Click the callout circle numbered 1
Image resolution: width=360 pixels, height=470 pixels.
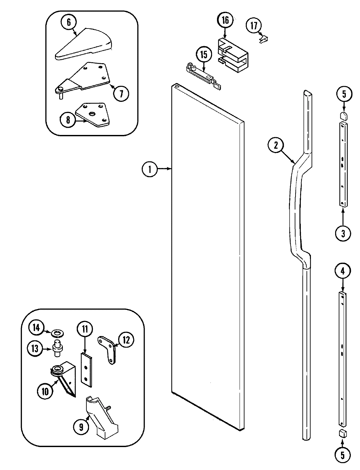point(150,169)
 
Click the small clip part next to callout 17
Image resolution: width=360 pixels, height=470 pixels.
point(264,39)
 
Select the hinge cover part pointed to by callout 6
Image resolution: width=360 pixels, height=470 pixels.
point(85,45)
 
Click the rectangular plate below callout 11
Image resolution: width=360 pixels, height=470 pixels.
point(85,369)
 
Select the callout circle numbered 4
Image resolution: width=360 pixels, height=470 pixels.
point(342,271)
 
